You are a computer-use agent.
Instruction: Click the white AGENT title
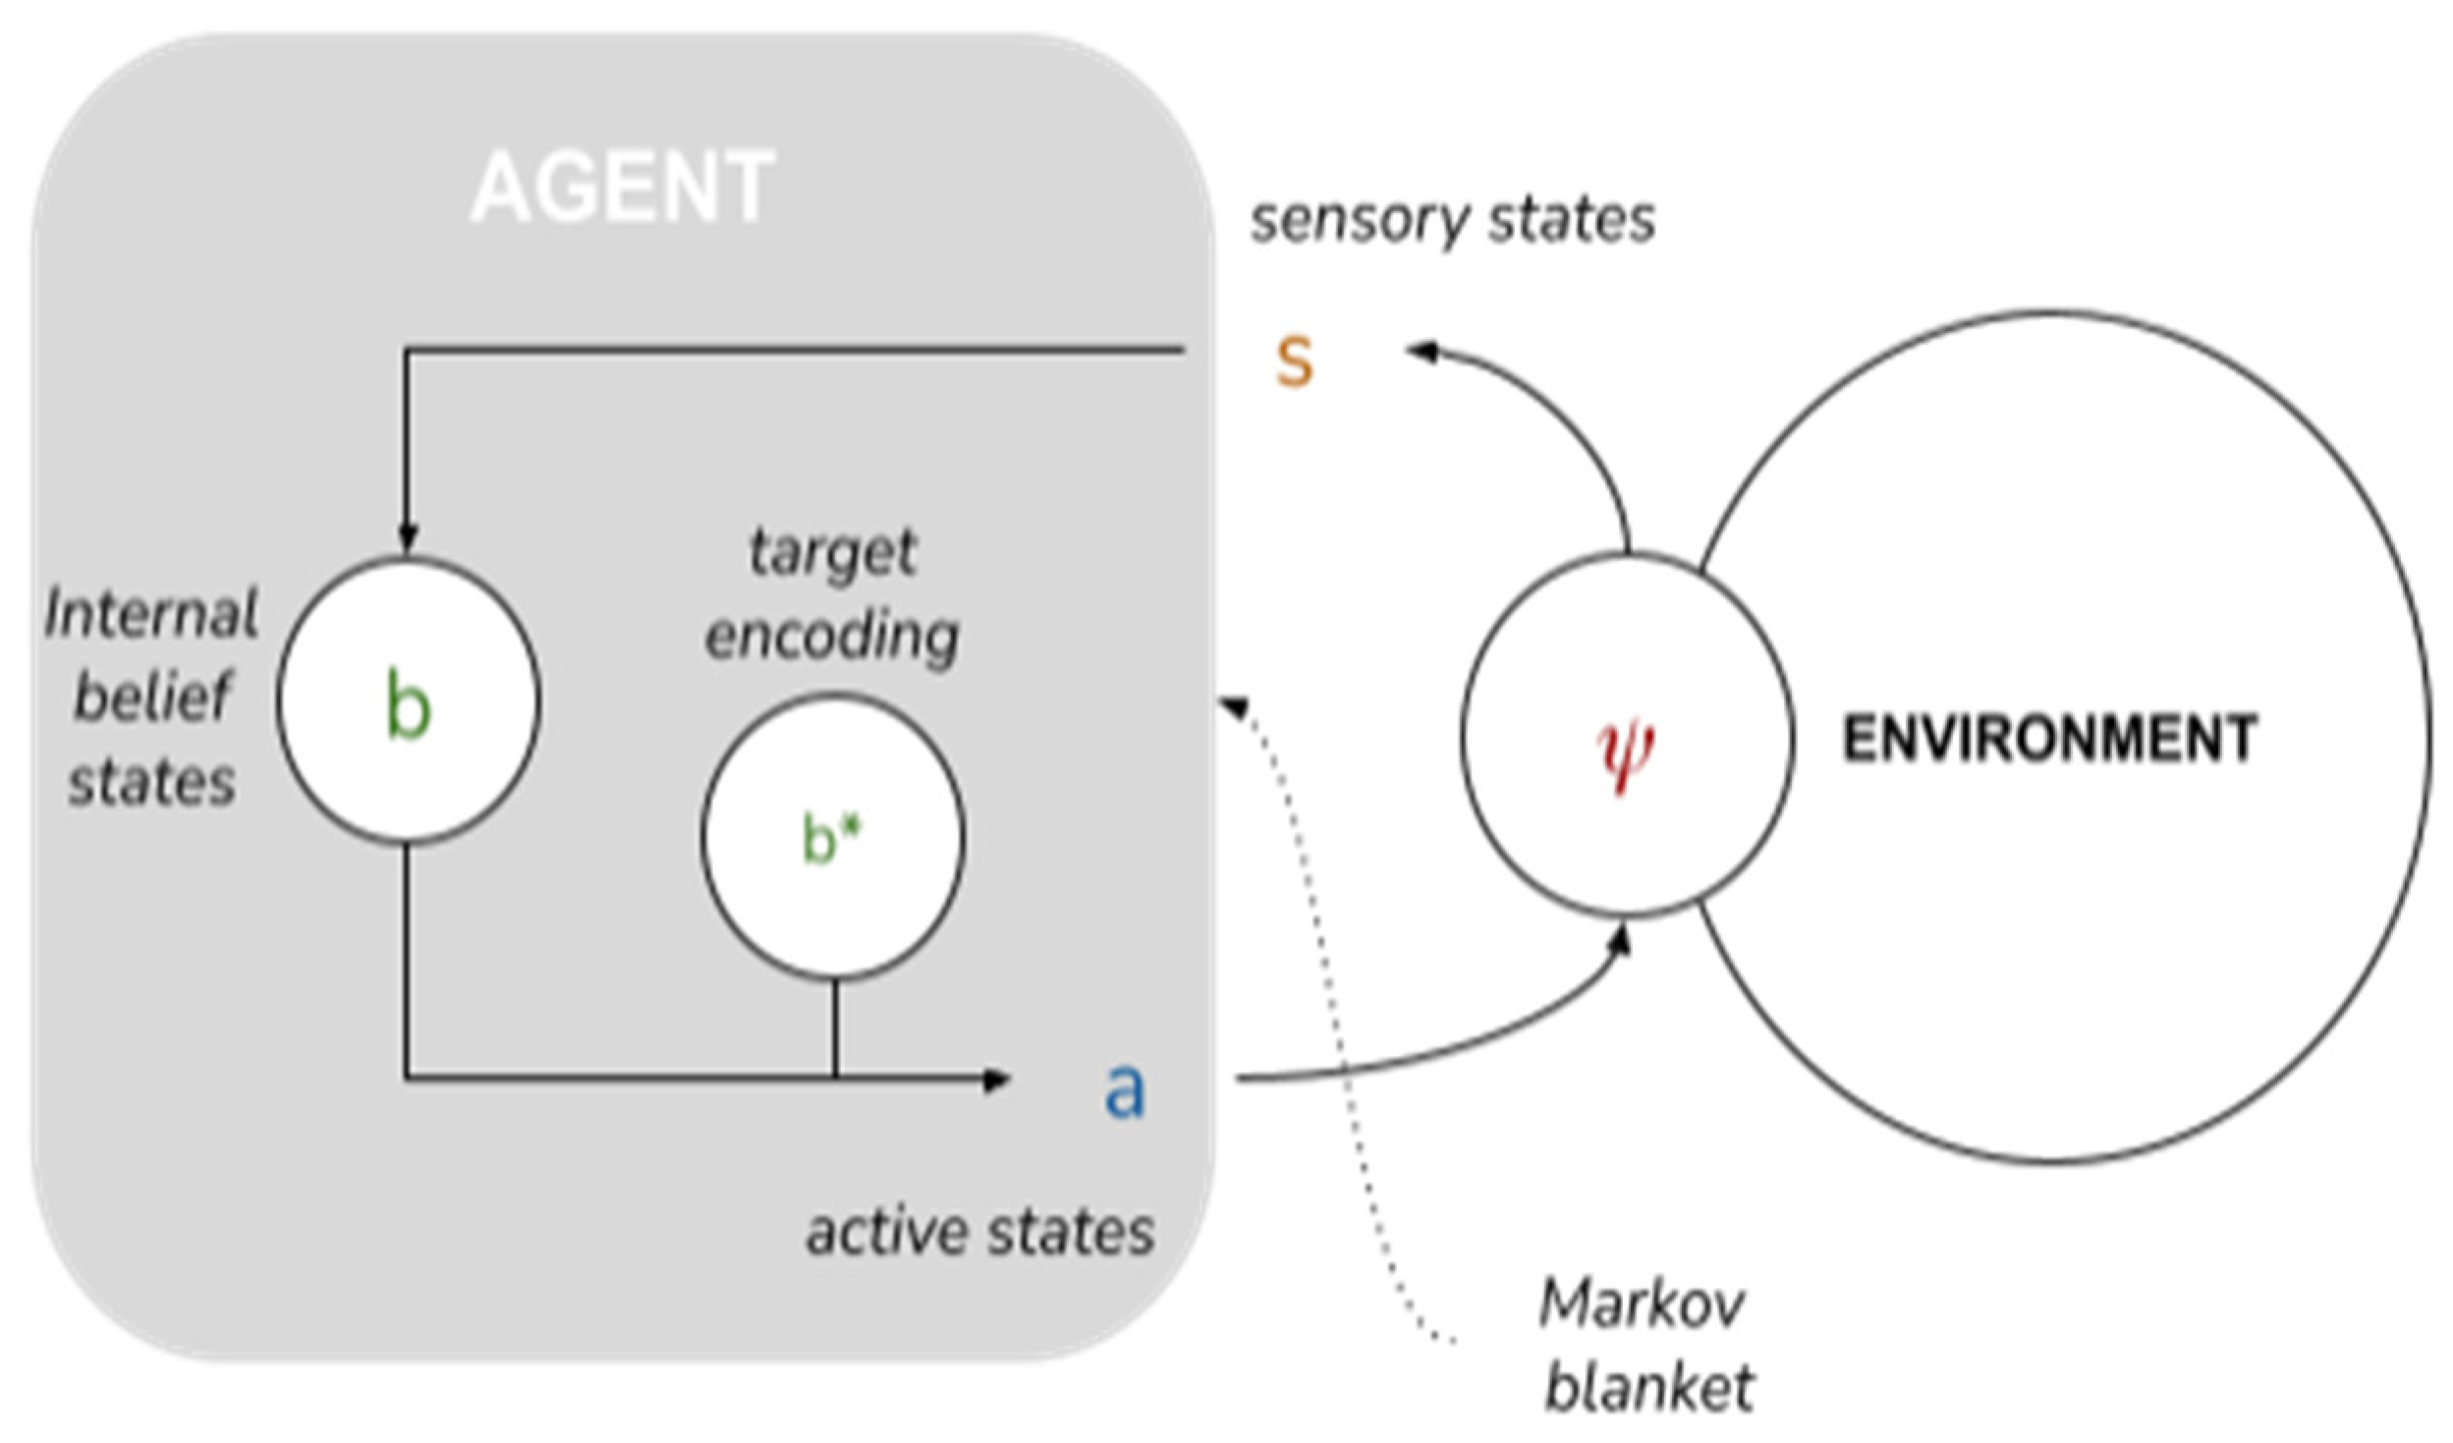click(x=623, y=187)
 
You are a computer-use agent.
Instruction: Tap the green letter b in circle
click(x=408, y=707)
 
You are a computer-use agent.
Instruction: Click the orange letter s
click(x=1293, y=361)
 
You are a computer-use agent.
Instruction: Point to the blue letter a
click(x=1124, y=1090)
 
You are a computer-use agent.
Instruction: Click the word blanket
click(x=1648, y=1387)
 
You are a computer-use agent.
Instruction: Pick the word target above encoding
click(x=833, y=552)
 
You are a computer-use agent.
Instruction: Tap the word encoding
click(x=832, y=637)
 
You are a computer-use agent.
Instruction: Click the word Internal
click(x=152, y=615)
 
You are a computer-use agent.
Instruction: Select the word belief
click(x=152, y=696)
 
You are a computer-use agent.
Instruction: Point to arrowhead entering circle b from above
click(x=407, y=540)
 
